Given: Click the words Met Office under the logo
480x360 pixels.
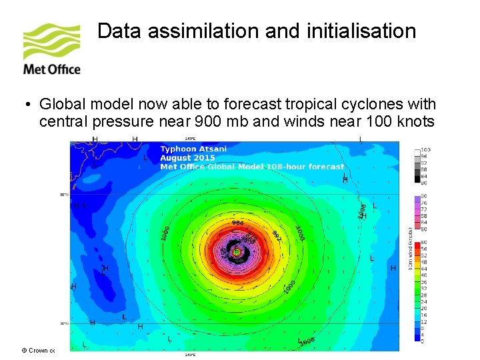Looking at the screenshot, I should (51, 69).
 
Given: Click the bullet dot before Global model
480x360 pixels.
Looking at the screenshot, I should (25, 105).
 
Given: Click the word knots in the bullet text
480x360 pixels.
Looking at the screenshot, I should (417, 121).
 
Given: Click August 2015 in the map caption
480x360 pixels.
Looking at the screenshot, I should (187, 158).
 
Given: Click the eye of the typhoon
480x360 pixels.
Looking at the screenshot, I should (236, 252).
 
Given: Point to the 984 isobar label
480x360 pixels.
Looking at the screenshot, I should (237, 223).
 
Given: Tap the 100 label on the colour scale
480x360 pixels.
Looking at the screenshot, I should (425, 150).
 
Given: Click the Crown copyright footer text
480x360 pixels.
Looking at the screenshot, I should (38, 350).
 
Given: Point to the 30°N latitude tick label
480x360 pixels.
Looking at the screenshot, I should (65, 195).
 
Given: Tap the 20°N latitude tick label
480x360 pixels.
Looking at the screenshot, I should (65, 323).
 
